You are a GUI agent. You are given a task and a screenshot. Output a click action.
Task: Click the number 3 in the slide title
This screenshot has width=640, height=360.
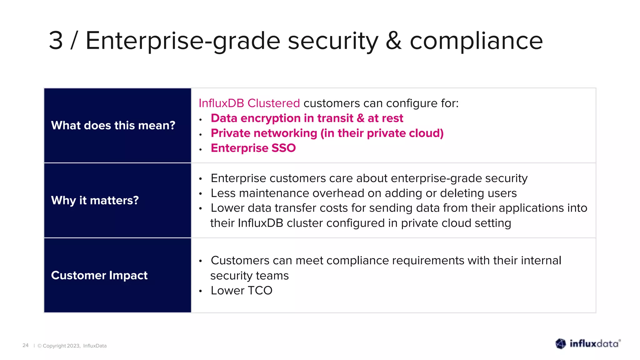56,41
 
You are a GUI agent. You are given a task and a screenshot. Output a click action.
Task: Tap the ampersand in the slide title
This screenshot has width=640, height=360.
394,41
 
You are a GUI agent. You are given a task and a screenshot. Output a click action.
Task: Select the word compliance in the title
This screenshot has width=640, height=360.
476,41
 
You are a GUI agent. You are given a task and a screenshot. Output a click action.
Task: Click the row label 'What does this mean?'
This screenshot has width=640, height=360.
113,125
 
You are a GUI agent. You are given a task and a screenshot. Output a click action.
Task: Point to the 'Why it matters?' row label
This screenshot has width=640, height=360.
95,200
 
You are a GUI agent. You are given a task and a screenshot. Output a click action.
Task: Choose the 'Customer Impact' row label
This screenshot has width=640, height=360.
99,275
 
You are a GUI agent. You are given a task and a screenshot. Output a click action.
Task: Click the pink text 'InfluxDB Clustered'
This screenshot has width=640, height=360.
249,103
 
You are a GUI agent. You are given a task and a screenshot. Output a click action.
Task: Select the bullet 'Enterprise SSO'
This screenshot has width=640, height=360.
253,148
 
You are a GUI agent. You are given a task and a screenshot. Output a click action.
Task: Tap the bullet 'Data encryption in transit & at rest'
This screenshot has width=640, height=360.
307,118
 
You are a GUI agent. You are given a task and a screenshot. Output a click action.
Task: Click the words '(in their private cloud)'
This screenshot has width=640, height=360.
382,133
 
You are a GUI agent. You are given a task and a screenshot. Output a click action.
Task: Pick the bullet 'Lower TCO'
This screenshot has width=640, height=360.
241,291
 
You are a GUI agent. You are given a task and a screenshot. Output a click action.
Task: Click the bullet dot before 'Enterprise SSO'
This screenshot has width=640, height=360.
201,150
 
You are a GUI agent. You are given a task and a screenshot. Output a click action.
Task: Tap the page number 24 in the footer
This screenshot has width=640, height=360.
25,345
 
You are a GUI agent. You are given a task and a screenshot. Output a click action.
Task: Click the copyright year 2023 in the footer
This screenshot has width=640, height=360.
73,346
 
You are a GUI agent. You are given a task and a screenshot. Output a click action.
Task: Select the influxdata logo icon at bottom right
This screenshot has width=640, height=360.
561,344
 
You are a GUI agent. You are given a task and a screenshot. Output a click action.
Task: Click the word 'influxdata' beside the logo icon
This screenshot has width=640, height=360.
594,344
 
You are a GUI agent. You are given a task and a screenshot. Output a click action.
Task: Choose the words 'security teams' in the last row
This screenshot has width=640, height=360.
249,276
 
